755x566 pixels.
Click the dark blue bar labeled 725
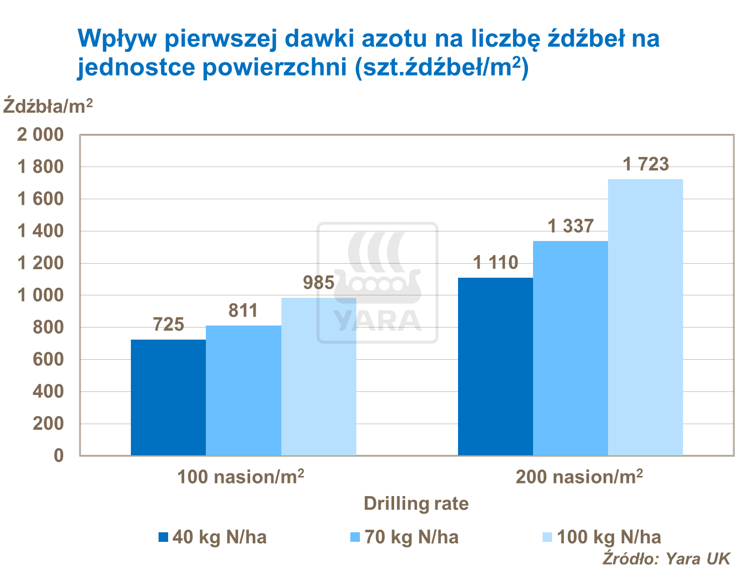168,397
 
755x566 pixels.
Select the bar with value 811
244,390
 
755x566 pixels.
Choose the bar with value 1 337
570,348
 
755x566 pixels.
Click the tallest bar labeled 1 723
645,317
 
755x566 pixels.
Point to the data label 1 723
646,165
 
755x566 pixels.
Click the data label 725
168,325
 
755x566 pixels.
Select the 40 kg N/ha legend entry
212,537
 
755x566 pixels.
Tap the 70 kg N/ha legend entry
405,537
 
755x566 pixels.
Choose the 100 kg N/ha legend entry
602,537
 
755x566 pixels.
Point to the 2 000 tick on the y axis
41,135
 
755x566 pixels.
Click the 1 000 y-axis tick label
41,295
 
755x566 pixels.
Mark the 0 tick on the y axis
59,455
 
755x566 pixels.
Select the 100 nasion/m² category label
241,476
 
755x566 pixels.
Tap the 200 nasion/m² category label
579,476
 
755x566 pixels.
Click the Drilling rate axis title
416,504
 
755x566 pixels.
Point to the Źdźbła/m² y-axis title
48,106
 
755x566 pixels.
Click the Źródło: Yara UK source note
666,558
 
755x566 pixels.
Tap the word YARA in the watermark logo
377,320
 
